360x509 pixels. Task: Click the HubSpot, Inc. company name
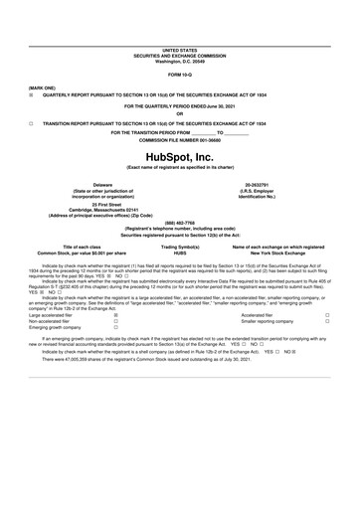point(179,157)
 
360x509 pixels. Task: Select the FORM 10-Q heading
point(179,75)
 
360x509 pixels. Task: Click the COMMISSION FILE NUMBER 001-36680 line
point(179,140)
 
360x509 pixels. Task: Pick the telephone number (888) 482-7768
point(179,223)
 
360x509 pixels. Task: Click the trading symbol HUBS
point(179,253)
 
